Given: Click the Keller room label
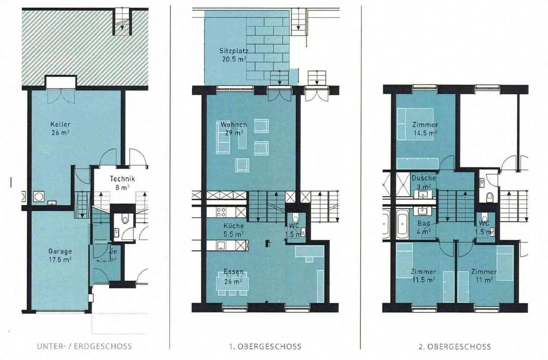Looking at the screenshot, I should pos(60,129).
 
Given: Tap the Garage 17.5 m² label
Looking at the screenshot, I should pos(60,255).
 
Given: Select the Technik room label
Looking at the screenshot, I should pos(122,183).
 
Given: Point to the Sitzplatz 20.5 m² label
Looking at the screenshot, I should pos(234,55).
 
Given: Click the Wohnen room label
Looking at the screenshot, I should pos(234,129).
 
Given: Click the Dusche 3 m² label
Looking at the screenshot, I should pos(424,182).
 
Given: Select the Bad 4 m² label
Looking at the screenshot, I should pos(424,227).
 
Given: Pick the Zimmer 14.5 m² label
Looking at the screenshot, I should pos(425,129).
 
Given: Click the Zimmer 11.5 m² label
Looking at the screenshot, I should pos(423,276).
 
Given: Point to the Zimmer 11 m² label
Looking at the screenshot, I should pos(484,276).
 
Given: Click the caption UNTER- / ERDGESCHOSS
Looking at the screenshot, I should pos(84,347).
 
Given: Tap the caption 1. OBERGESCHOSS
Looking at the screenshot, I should pos(265,347).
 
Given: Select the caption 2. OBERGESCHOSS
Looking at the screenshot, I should pos(455,347).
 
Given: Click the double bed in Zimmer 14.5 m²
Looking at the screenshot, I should pos(415,124).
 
